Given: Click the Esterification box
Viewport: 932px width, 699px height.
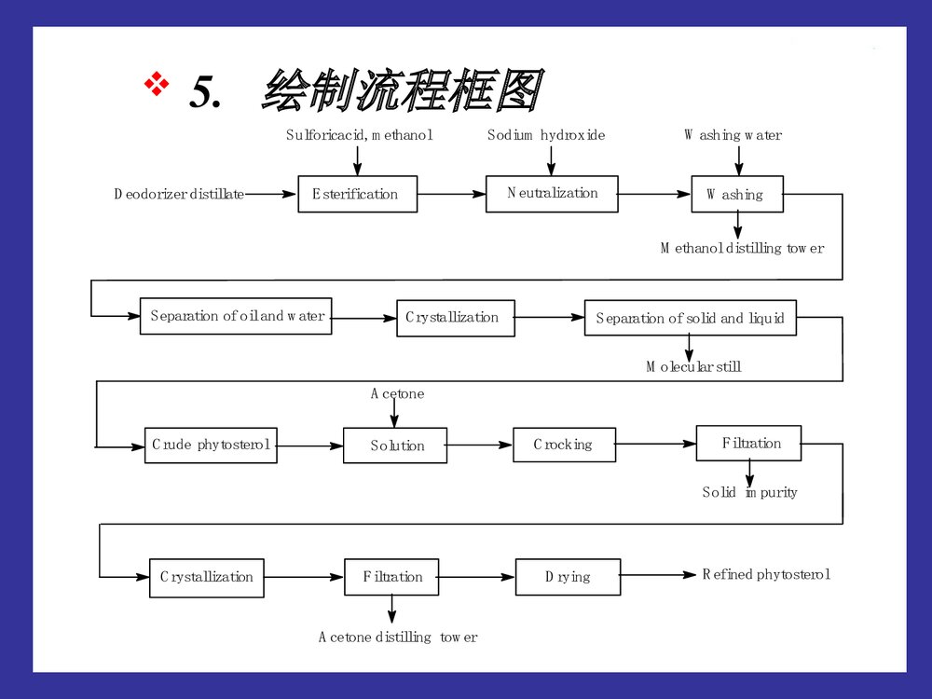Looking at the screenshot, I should click(357, 194).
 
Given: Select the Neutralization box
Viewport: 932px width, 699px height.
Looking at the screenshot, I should click(552, 193).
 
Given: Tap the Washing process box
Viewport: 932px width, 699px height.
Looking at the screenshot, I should click(736, 194).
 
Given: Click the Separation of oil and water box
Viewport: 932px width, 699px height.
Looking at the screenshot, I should click(236, 316).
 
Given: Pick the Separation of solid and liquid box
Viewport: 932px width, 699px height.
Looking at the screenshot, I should click(690, 318).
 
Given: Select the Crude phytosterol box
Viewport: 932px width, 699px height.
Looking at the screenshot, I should click(210, 445).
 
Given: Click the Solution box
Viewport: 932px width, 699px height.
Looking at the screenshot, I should click(395, 445).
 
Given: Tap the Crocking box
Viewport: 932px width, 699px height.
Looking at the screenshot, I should click(564, 445).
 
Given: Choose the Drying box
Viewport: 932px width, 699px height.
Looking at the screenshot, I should click(568, 577).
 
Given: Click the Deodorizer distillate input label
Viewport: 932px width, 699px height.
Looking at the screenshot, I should click(179, 194).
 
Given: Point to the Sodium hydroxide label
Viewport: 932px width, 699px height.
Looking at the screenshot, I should click(546, 135).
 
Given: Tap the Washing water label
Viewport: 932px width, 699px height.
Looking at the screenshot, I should click(733, 135).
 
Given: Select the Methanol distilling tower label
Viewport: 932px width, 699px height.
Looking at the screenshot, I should click(743, 248).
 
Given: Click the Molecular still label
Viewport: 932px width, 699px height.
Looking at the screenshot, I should click(694, 366).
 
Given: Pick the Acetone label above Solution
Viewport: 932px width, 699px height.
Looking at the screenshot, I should click(397, 393).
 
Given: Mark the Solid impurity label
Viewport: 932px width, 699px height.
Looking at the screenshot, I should click(749, 492).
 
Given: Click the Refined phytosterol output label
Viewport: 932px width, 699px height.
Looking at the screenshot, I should click(766, 574).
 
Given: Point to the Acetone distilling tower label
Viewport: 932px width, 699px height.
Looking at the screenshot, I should click(398, 637).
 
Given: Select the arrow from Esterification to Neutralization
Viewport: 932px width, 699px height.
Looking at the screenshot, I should click(451, 194).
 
